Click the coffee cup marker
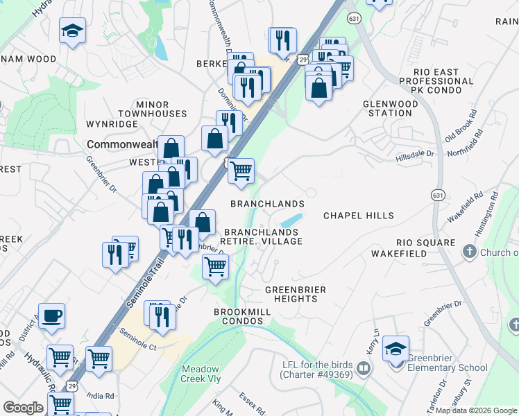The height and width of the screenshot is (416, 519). point(51,316)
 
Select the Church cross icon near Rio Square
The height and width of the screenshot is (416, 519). point(470,251)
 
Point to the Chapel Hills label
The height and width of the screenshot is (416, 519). point(359,216)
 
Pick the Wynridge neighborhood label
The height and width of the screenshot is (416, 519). point(112,124)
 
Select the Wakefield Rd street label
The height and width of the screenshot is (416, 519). point(465,207)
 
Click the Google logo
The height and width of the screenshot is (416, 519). point(23,408)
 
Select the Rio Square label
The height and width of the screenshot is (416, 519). point(426,243)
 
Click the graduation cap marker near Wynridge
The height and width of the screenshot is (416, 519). point(72,32)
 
